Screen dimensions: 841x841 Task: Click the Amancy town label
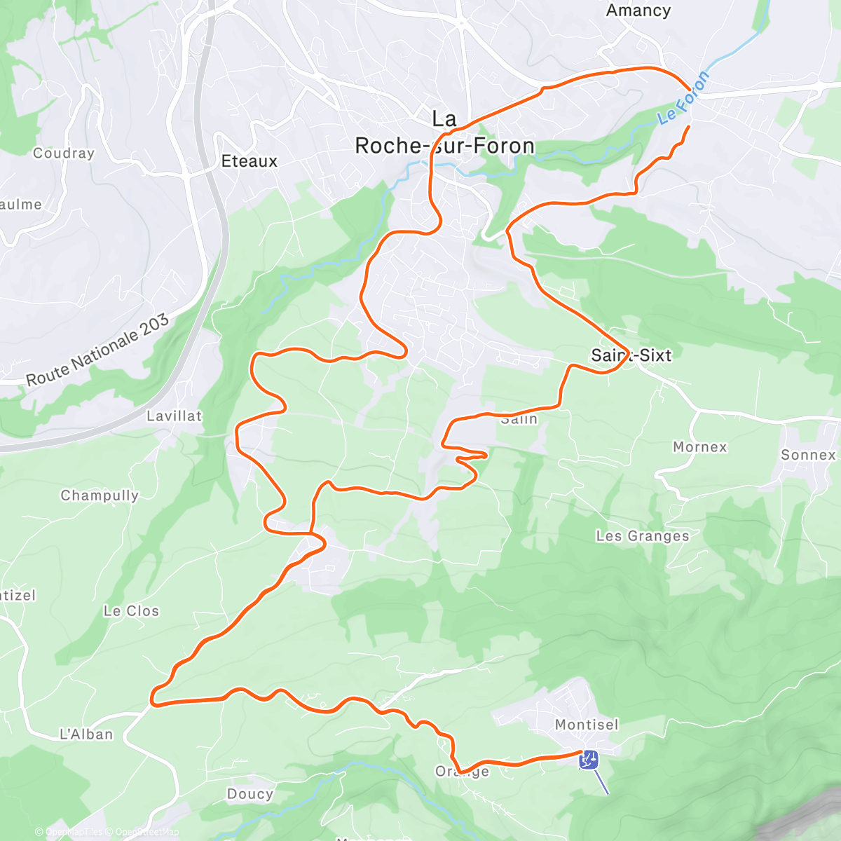click(x=638, y=11)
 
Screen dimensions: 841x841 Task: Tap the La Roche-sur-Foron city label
click(x=444, y=133)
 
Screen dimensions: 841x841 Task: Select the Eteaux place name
click(x=249, y=161)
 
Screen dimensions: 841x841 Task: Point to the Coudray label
click(x=63, y=153)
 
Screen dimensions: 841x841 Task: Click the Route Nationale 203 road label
click(x=97, y=350)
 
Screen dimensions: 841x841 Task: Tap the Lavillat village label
click(x=174, y=416)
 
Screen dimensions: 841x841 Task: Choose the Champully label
click(x=100, y=495)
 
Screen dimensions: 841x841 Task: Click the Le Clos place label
click(x=131, y=611)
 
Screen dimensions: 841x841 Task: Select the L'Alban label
click(x=86, y=734)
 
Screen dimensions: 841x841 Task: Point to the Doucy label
click(x=249, y=794)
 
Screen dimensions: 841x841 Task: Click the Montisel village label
click(x=587, y=724)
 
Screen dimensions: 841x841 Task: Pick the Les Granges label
click(x=642, y=536)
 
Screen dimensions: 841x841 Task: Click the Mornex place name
click(x=699, y=447)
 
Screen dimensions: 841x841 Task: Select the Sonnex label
click(x=808, y=455)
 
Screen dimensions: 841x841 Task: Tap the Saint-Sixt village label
click(x=631, y=355)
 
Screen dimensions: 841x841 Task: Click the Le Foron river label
click(x=684, y=98)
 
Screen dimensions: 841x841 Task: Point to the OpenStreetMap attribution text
click(x=146, y=832)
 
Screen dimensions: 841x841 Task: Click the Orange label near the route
click(x=462, y=772)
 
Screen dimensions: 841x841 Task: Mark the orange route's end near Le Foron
click(x=689, y=127)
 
